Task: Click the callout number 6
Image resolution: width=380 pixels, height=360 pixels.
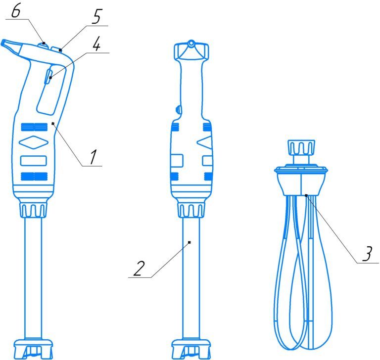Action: click(16, 11)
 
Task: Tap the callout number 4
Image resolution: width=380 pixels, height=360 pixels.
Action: click(96, 44)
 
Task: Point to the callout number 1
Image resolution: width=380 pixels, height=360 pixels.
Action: click(93, 157)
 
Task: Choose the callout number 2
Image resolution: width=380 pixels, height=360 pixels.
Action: click(139, 269)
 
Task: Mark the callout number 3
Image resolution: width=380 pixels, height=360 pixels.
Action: click(368, 254)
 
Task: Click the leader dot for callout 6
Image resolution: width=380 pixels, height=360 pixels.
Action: click(44, 43)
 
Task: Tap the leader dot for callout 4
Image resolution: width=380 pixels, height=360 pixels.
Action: click(50, 78)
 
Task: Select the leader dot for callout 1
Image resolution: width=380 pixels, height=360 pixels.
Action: click(53, 124)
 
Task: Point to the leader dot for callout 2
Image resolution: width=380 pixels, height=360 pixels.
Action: click(190, 242)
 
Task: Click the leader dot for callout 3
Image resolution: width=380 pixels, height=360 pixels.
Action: click(306, 195)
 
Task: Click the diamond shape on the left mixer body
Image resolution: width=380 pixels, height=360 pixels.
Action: click(34, 142)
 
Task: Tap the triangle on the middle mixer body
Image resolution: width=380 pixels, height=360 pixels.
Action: click(204, 142)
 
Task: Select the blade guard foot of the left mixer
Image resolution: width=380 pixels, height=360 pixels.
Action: click(33, 349)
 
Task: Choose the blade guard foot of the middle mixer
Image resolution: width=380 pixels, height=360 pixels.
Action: click(191, 349)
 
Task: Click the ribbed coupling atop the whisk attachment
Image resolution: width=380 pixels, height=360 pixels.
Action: click(301, 147)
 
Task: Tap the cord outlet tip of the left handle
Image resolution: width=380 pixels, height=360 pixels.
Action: click(4, 43)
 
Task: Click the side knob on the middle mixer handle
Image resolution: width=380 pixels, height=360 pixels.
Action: click(178, 109)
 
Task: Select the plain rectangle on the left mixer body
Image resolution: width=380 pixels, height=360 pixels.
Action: click(34, 161)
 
